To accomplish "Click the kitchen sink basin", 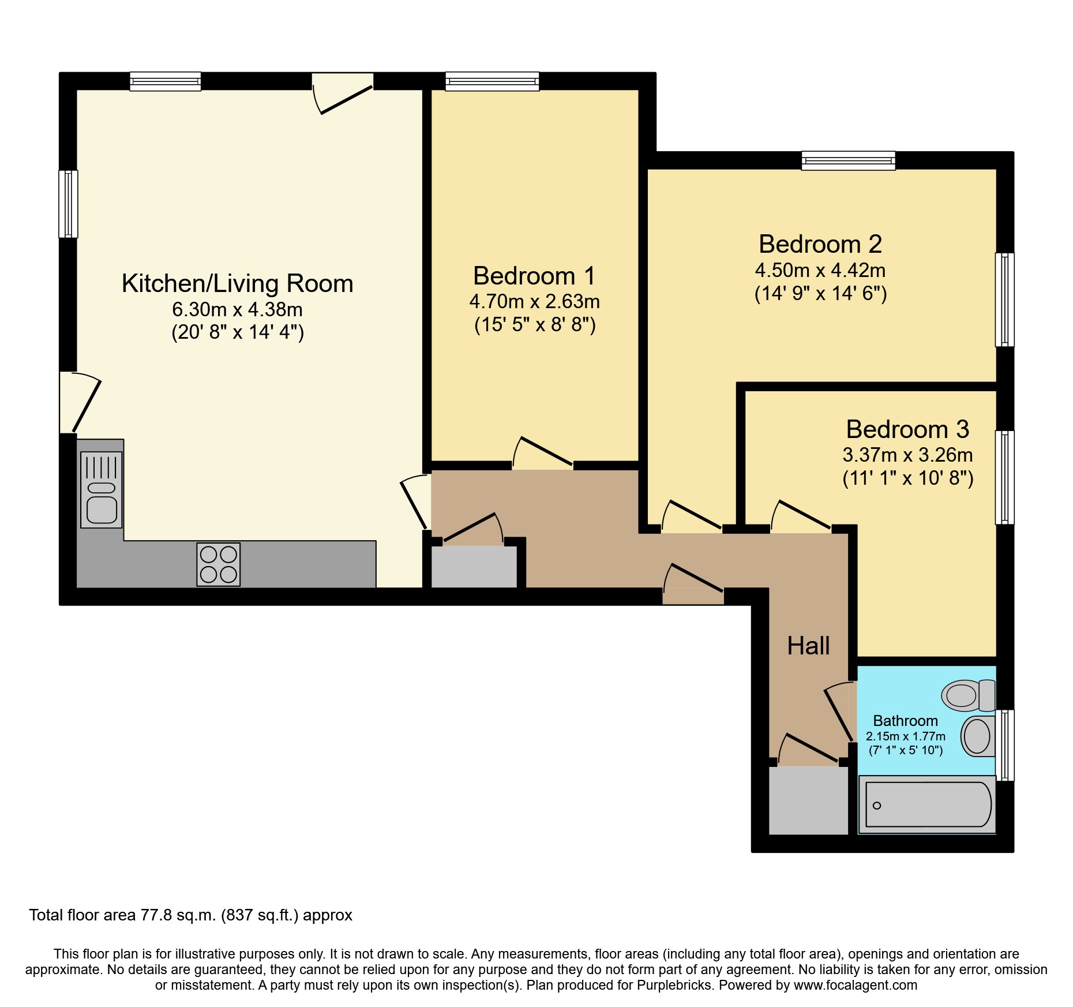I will point(102,510).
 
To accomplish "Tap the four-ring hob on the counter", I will point(218,564).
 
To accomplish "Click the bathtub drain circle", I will point(877,806).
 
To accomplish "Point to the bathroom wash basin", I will point(977,736).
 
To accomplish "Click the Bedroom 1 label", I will point(534,276).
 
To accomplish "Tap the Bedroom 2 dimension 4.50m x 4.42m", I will point(820,270).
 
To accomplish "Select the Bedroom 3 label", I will point(907,429).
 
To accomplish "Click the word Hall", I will point(808,646).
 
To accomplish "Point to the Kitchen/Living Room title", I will point(237,283).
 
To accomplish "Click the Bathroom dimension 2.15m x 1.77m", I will point(905,736).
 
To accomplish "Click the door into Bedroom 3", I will point(802,515).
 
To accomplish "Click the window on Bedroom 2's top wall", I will point(848,160).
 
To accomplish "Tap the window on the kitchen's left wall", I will point(68,204).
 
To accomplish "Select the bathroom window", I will point(1005,745).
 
